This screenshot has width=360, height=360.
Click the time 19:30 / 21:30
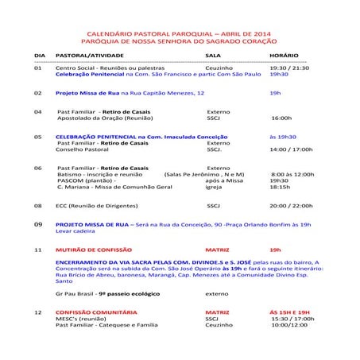pos(288,68)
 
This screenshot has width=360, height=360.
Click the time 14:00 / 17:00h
pos(291,149)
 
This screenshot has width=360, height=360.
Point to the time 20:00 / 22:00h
pos(291,205)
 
